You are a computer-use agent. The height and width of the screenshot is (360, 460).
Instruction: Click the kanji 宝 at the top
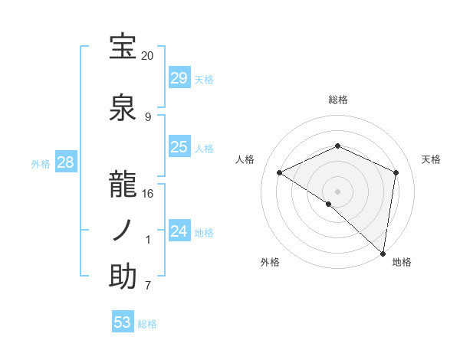[123, 47]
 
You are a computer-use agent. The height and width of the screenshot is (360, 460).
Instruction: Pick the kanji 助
[123, 277]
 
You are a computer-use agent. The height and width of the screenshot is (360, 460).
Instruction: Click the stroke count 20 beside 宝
[147, 56]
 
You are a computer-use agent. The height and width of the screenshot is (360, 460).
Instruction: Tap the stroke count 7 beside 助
[147, 286]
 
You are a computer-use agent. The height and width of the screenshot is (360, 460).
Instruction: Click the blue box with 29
[179, 78]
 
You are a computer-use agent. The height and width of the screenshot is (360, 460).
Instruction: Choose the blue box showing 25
[179, 147]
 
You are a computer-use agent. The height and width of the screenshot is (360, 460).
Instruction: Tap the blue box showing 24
[179, 231]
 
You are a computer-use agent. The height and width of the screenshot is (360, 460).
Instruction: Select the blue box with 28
[65, 162]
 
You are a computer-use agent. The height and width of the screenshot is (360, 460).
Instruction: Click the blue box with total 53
[123, 322]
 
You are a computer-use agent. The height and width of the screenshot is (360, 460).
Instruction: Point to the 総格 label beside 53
[147, 324]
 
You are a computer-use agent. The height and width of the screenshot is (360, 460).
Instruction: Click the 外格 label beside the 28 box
[41, 163]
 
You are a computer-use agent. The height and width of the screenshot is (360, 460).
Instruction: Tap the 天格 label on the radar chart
[431, 159]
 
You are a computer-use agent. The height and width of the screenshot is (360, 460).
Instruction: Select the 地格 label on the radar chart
[402, 262]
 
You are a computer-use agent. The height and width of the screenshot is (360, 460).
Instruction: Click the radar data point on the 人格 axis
[280, 173]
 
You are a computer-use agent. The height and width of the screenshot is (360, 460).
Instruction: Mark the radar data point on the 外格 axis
[329, 204]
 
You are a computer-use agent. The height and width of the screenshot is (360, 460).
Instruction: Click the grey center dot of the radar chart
[337, 191]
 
